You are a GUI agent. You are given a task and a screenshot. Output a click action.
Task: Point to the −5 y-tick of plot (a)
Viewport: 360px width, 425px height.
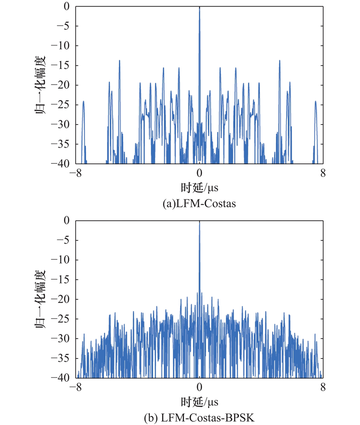coord(63,26)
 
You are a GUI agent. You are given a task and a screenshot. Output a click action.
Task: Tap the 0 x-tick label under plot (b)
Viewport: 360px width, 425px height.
coord(199,387)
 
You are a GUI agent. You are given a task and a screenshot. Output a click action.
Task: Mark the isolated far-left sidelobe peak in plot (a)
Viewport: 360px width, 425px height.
coord(83,102)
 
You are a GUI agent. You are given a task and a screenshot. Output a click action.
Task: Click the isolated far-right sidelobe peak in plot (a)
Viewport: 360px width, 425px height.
coord(315,102)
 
